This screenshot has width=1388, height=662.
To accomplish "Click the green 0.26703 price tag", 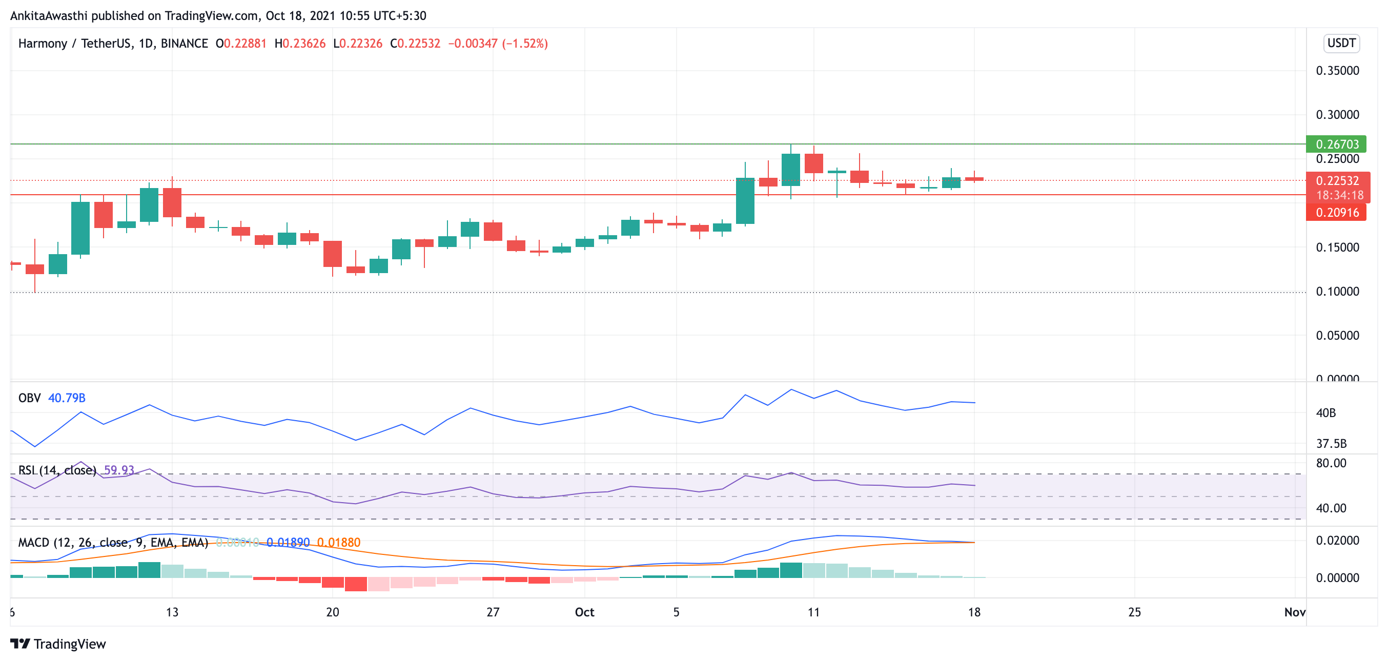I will click(1336, 144).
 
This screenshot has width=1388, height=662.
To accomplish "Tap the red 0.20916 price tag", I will click(1336, 213).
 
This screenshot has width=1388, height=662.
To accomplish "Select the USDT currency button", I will click(1341, 43).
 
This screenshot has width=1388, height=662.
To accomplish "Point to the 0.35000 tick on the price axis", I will click(1337, 71).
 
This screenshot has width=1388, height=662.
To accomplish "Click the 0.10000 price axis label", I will click(1337, 292).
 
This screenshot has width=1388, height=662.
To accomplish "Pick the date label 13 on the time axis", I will click(172, 612).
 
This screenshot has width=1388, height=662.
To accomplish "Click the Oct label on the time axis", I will click(584, 612).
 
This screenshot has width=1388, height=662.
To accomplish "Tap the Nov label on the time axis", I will click(1294, 612).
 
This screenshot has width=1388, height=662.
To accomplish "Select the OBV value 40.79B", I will click(67, 398).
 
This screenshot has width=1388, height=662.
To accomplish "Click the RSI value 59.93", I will click(118, 470).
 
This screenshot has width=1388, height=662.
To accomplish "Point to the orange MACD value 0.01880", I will click(338, 543).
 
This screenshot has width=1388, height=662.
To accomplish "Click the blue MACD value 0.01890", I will click(288, 543).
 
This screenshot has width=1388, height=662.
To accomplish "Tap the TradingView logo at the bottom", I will click(58, 644).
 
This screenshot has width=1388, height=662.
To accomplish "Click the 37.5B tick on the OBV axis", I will click(1331, 444).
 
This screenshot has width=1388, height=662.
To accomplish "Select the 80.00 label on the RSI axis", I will click(1331, 463).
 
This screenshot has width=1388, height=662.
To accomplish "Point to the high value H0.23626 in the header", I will click(299, 44).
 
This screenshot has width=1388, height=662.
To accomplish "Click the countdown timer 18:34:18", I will click(1339, 195).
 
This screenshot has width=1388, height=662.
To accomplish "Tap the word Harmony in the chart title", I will click(43, 44).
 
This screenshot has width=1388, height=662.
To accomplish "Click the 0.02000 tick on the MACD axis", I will click(1337, 540).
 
